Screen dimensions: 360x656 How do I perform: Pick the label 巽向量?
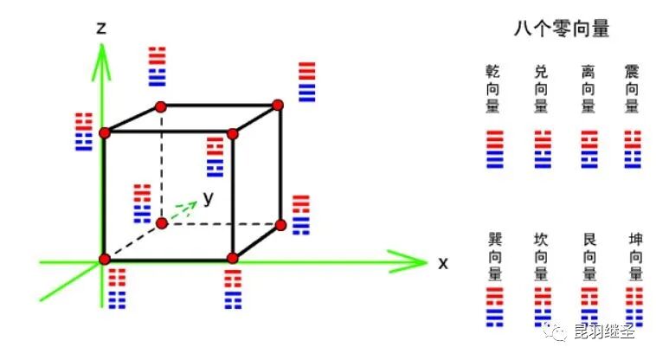[494, 256]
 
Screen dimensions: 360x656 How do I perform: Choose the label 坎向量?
[542, 256]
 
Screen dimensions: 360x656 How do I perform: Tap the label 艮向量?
[588, 256]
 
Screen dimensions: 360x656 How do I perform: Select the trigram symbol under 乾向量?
[494, 148]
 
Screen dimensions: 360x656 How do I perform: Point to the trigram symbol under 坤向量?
[635, 307]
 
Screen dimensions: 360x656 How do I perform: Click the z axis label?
[102, 28]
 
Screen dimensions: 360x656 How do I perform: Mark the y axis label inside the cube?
[209, 197]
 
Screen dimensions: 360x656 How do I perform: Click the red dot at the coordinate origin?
[105, 260]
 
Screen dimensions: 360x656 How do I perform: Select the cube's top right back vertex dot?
[278, 106]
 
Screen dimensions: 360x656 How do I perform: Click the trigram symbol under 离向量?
[588, 148]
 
